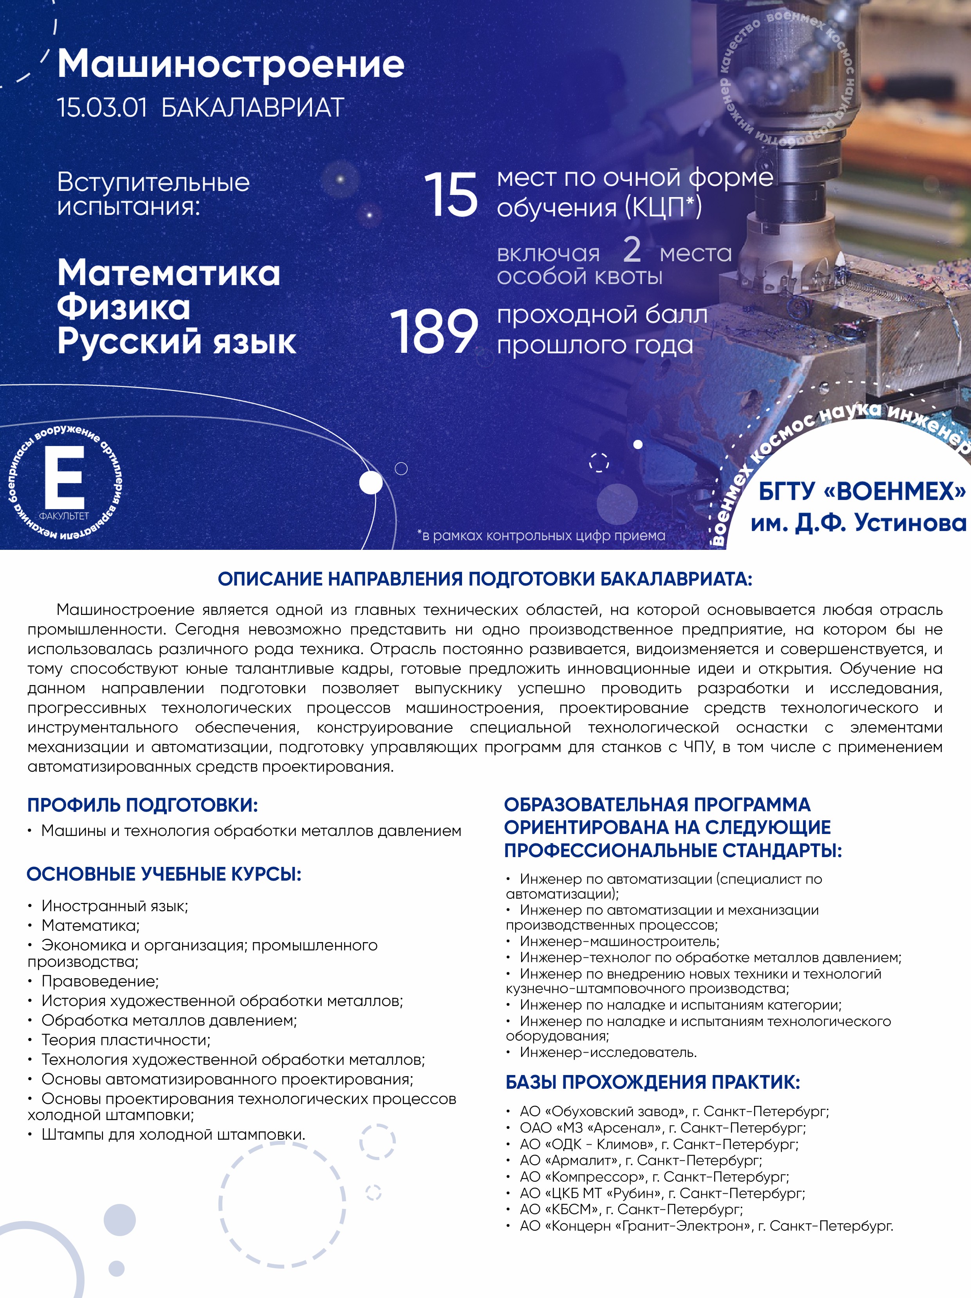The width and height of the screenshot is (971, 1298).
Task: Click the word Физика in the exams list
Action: [x=124, y=307]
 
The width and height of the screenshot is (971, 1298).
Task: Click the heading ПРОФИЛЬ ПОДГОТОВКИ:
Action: [x=143, y=805]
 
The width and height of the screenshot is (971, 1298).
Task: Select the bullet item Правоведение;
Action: [x=100, y=981]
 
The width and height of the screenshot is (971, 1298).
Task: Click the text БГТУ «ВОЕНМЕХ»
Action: [x=862, y=491]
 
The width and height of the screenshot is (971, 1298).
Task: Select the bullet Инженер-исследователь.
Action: [x=608, y=1052]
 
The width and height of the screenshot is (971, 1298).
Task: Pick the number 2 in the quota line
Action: [x=632, y=249]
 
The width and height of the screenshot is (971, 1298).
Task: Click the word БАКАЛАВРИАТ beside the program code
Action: [x=252, y=108]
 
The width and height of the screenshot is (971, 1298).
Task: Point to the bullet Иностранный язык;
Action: [x=114, y=906]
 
